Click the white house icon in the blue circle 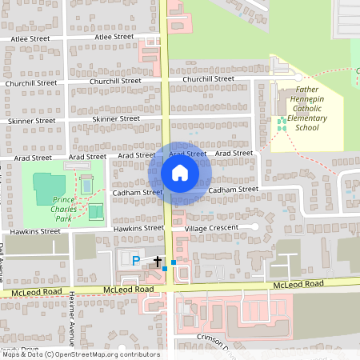[x=180, y=172]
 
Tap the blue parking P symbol [x=135, y=261]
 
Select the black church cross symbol [x=158, y=262]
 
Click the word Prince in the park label [x=64, y=198]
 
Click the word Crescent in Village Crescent [x=225, y=229]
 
